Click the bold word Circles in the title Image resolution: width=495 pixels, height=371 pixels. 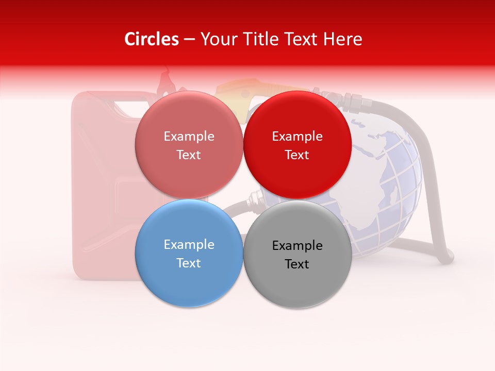click(x=152, y=39)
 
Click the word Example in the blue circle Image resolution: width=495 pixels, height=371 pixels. click(x=189, y=245)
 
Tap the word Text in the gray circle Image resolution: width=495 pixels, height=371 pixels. click(x=297, y=264)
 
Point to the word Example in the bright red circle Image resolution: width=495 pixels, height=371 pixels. click(x=297, y=137)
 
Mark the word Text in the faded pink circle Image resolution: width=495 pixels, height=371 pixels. click(x=189, y=155)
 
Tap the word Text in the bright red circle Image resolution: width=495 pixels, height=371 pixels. click(x=297, y=155)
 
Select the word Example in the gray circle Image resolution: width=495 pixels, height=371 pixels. click(x=297, y=246)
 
